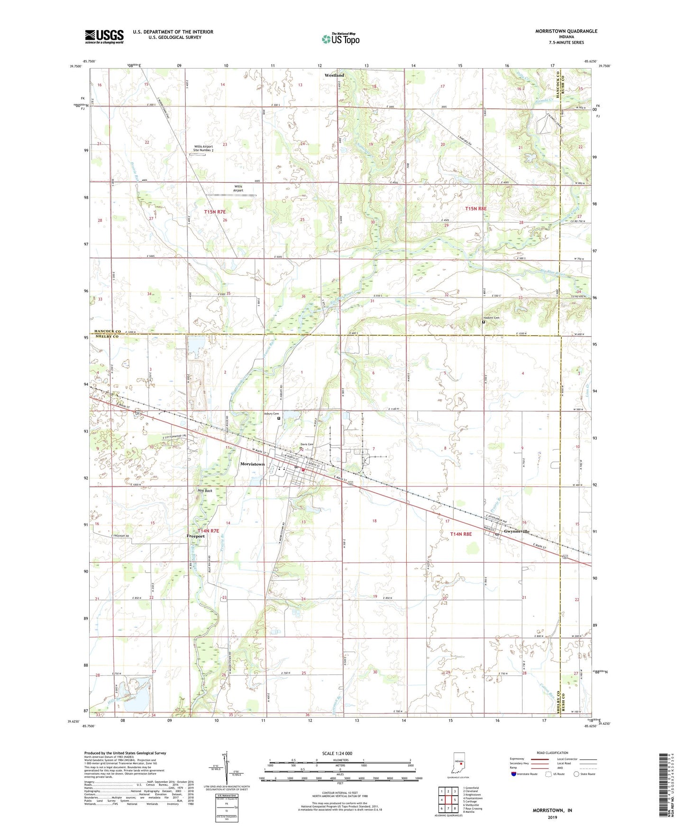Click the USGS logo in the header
(x=104, y=36)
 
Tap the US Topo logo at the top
(x=340, y=39)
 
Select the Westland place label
(x=334, y=75)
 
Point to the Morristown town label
(x=252, y=464)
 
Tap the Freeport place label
(x=196, y=537)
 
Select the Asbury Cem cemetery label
(x=271, y=413)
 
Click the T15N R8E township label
(x=475, y=208)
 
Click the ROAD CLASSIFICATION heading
(x=553, y=753)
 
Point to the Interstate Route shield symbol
(x=514, y=774)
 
